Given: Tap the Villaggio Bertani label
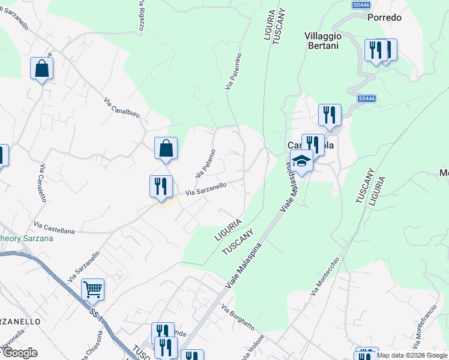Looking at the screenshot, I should [323, 41].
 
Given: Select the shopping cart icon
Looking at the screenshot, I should [92, 290].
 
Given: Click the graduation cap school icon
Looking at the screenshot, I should [301, 161].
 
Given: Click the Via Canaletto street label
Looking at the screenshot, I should [47, 182].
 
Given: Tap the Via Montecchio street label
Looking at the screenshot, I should [325, 276].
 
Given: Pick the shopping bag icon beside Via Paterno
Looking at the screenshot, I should [166, 148].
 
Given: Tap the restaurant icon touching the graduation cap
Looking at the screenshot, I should [313, 144].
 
